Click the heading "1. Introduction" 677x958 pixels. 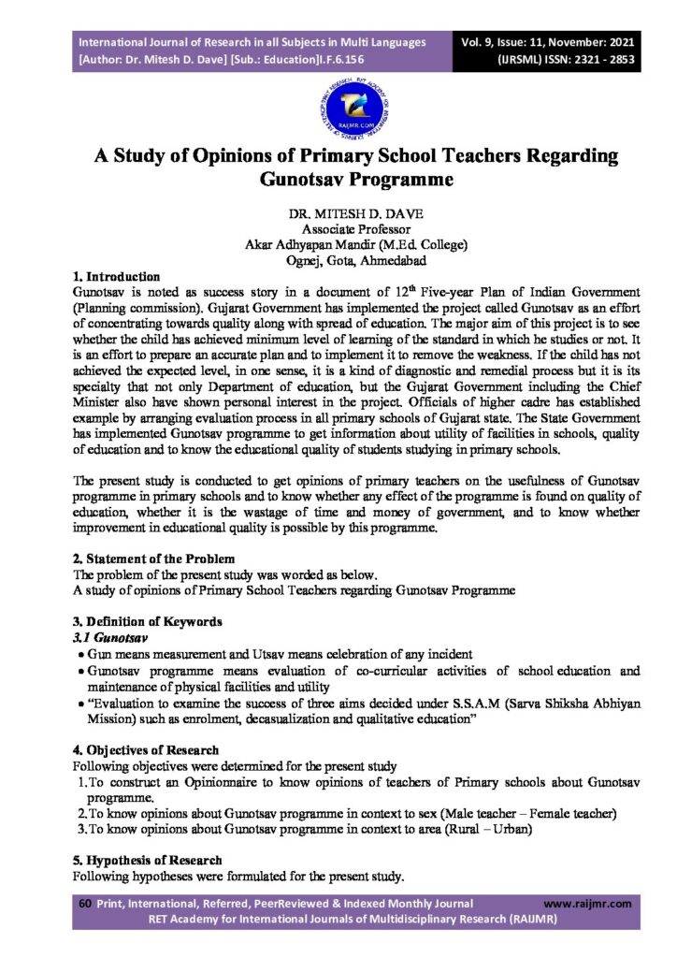117,278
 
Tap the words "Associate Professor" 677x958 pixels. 338,228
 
